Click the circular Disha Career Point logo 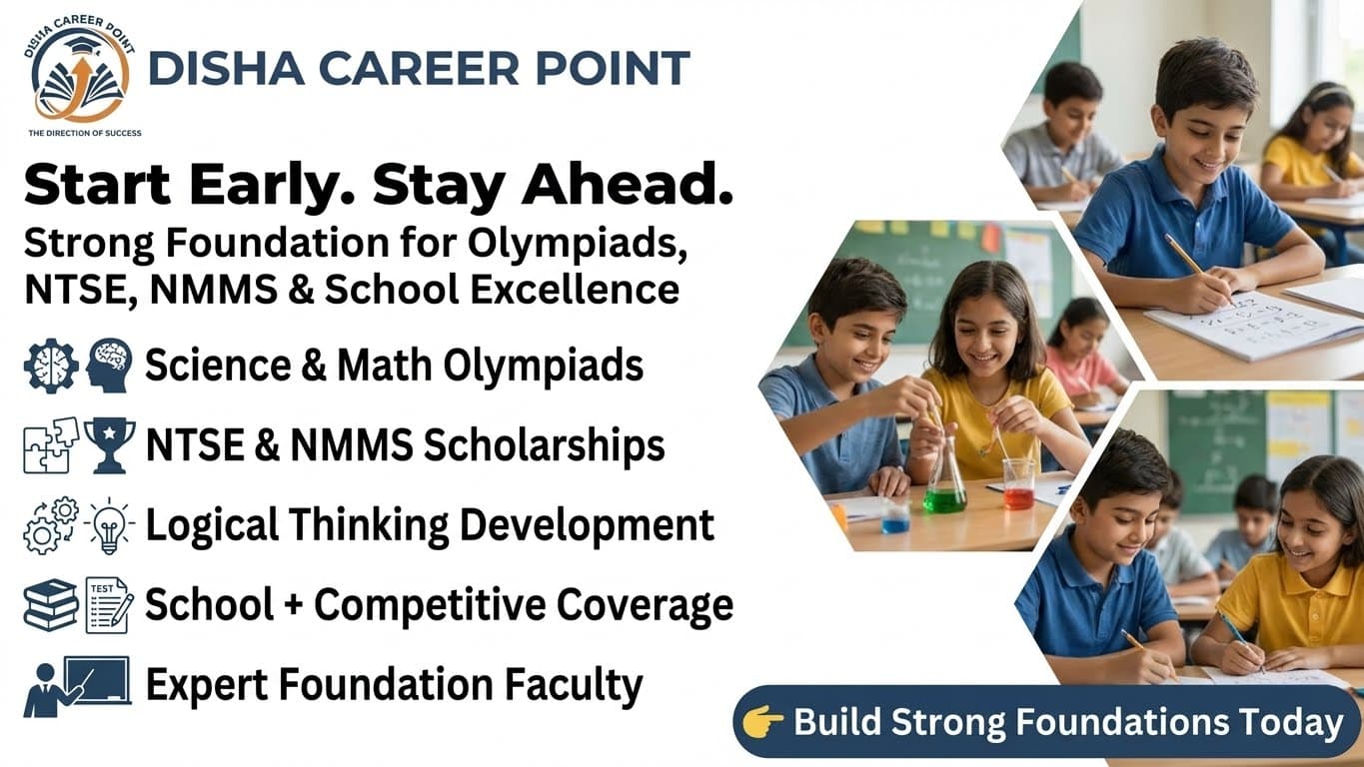coord(80,69)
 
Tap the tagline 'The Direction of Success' coord(85,133)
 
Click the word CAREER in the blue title coord(418,68)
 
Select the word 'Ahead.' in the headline coord(628,185)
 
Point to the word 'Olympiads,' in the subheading coord(578,245)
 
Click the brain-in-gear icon coord(51,366)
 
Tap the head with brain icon coord(109,366)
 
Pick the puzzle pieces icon coord(51,445)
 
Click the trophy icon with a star coord(110,445)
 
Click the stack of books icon coord(51,605)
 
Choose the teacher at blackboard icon coord(77,686)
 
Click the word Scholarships coord(544,445)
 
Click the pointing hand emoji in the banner coord(763,722)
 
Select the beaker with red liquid coord(1018,485)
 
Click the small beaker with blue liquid coord(895,518)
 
